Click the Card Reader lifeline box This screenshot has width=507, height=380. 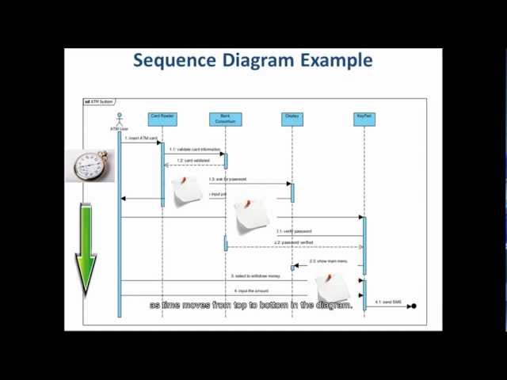point(162,119)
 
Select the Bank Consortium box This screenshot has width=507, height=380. point(225,119)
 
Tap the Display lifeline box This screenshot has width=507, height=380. point(292,119)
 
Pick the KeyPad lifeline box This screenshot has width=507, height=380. point(364,119)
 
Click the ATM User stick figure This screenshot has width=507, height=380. point(120,120)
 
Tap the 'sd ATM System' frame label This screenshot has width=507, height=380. point(99,101)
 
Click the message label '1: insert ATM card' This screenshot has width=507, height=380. point(141,139)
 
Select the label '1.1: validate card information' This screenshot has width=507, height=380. point(194,149)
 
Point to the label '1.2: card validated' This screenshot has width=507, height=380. point(193,161)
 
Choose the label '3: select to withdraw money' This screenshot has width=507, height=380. point(255,276)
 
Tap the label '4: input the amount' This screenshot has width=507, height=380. point(252,291)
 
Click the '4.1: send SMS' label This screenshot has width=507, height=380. point(388,302)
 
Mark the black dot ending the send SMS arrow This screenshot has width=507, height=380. point(414,306)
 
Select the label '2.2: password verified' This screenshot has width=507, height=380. point(293,242)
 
